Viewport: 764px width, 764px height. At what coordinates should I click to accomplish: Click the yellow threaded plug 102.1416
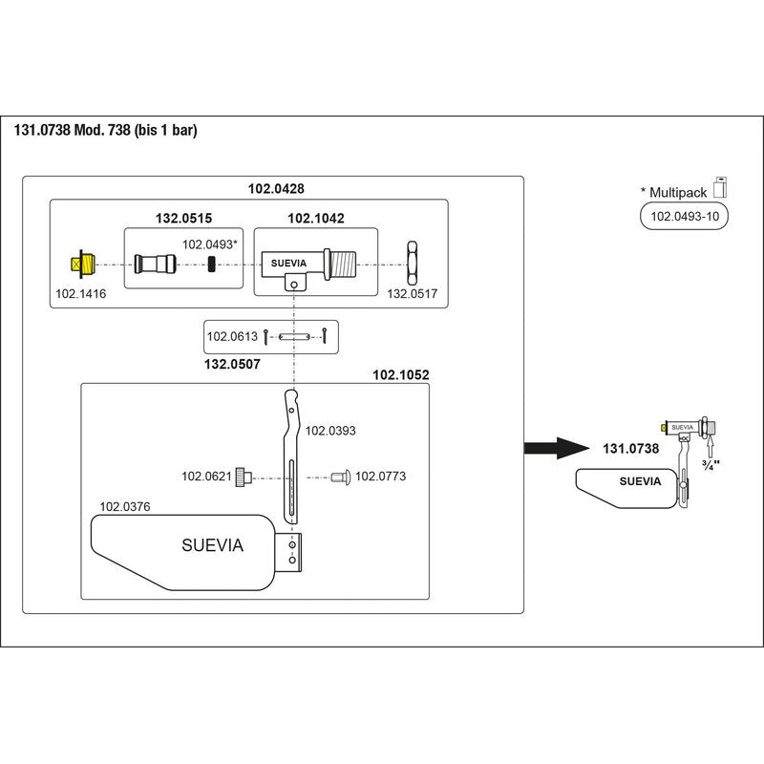click(x=83, y=265)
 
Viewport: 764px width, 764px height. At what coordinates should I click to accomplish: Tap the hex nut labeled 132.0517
click(x=413, y=264)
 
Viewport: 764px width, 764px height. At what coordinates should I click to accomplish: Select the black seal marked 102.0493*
click(x=211, y=265)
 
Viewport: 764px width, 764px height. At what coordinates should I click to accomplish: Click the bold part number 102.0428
click(x=276, y=188)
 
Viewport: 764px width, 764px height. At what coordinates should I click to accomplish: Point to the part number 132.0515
click(x=183, y=218)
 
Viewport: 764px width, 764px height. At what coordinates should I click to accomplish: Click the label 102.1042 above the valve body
click(x=316, y=218)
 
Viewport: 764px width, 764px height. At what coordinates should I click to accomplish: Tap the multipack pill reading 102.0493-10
click(x=684, y=217)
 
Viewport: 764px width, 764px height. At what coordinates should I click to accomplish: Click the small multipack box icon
click(x=720, y=187)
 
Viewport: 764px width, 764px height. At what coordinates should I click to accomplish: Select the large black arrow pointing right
click(x=557, y=448)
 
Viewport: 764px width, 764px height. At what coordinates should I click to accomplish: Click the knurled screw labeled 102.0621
click(x=244, y=477)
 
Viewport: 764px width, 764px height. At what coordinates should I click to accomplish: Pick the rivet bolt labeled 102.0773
click(x=341, y=477)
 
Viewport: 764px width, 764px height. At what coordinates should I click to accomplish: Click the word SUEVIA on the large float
click(x=212, y=544)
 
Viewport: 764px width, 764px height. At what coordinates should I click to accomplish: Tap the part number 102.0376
click(x=125, y=507)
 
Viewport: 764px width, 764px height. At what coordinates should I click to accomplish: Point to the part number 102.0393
click(x=330, y=431)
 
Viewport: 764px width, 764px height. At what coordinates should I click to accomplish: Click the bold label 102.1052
click(x=400, y=374)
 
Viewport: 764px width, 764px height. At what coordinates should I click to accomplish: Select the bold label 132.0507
click(x=232, y=364)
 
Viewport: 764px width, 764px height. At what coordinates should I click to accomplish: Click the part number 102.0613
click(x=232, y=336)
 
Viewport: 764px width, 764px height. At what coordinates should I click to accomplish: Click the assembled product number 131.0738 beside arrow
click(x=630, y=448)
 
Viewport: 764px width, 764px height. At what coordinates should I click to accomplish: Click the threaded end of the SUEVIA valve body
click(x=343, y=265)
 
